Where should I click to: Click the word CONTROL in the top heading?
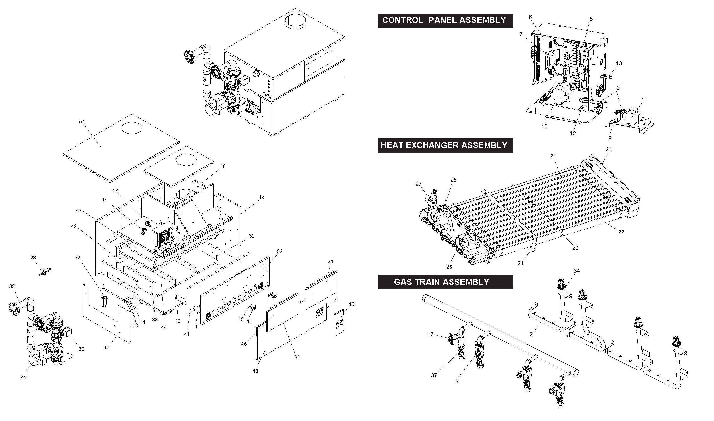point(403,20)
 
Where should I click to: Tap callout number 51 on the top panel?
point(82,122)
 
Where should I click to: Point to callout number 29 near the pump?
point(23,377)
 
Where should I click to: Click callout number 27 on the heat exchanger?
point(419,184)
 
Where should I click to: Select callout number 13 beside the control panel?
point(619,64)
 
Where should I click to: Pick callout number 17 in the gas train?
point(430,335)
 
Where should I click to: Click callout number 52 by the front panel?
point(280,251)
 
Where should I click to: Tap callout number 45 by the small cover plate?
point(351,304)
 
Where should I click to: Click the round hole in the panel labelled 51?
point(132,128)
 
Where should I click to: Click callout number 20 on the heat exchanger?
point(608,150)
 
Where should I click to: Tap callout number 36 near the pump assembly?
point(81,349)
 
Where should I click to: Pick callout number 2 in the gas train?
point(531,335)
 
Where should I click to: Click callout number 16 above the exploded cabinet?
point(223,166)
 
